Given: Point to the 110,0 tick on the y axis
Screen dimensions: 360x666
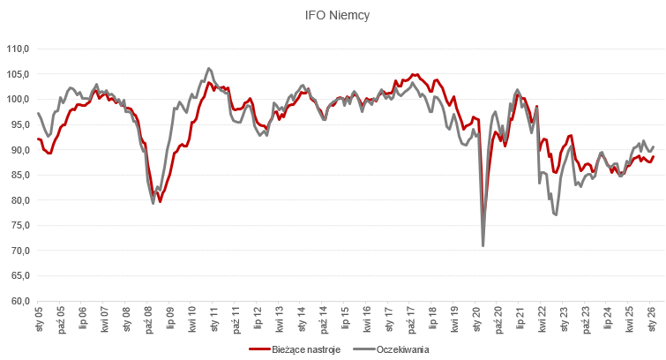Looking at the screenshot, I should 17,49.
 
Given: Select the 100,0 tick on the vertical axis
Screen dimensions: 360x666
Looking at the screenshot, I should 17,99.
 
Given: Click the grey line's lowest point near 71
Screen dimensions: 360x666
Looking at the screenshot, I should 483,245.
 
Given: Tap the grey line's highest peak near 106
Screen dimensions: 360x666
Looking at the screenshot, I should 209,68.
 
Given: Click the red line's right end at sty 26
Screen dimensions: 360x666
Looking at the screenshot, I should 654,156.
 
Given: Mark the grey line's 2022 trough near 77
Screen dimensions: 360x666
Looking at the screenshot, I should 556,214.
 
